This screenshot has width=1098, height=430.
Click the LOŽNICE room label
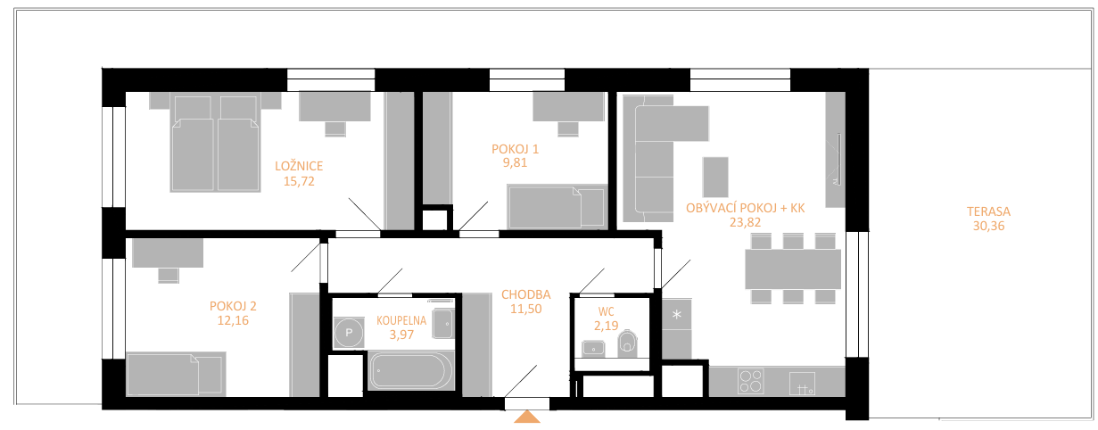point(299,166)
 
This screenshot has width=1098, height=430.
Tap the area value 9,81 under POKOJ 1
point(515,162)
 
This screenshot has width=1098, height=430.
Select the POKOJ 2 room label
point(233,307)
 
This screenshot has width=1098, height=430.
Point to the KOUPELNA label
point(401,320)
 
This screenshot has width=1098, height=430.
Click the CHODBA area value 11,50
point(526,309)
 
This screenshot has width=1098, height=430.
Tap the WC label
point(606,312)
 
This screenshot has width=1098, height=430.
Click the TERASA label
point(988,211)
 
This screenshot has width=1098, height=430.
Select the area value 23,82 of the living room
point(745,223)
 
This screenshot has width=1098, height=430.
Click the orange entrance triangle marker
point(527,417)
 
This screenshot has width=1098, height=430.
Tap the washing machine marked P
point(349,333)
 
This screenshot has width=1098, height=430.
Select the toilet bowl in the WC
point(627,343)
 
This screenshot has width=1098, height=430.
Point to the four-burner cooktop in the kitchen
point(750,382)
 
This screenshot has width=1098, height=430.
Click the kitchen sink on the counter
point(803,384)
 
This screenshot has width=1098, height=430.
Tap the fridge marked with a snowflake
point(677,314)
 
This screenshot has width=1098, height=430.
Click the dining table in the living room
point(793,269)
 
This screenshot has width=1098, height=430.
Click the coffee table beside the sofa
point(715,177)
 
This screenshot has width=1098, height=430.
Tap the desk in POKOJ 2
point(168,253)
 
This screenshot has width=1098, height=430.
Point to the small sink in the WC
point(593,349)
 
